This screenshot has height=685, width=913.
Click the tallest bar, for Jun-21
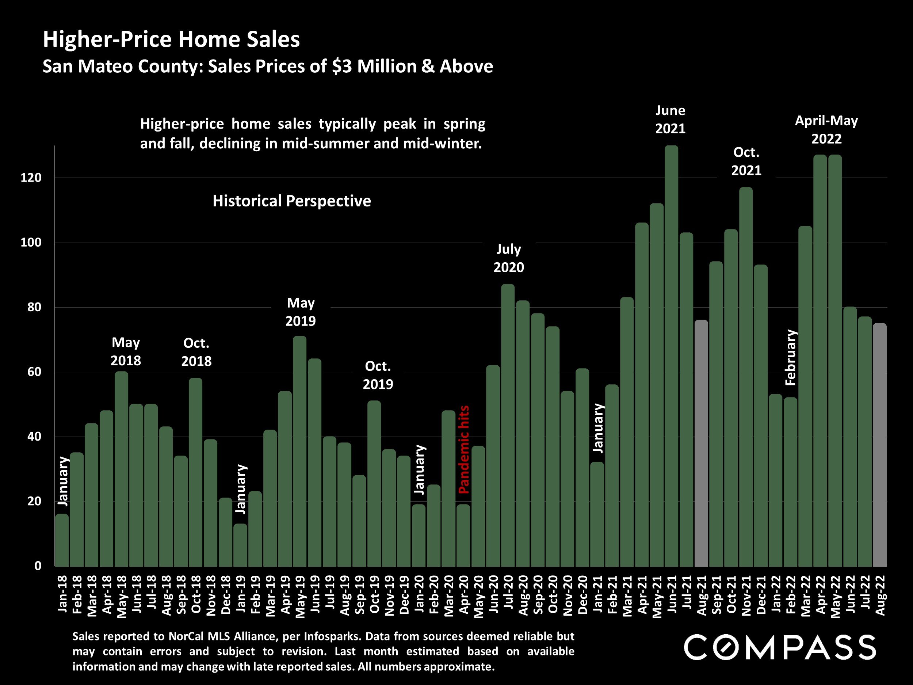click(672, 355)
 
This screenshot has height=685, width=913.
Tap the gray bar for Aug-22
click(879, 444)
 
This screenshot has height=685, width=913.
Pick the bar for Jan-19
click(240, 545)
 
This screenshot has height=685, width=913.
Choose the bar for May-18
click(121, 468)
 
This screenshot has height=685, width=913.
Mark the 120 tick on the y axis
click(31, 178)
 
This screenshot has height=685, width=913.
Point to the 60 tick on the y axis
click(31, 372)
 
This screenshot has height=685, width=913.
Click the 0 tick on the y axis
click(38, 566)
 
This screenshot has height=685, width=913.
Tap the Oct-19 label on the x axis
click(374, 594)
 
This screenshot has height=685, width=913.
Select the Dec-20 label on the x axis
click(582, 594)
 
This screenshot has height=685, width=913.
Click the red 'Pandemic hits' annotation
click(464, 450)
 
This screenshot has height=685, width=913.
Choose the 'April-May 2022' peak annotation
click(826, 129)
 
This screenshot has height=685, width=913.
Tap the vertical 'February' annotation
click(790, 358)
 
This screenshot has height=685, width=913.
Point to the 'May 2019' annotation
click(301, 312)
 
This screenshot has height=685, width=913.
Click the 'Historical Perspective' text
click(291, 201)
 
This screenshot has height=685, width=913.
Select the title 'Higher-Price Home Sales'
click(171, 39)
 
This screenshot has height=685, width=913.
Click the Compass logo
click(780, 647)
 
